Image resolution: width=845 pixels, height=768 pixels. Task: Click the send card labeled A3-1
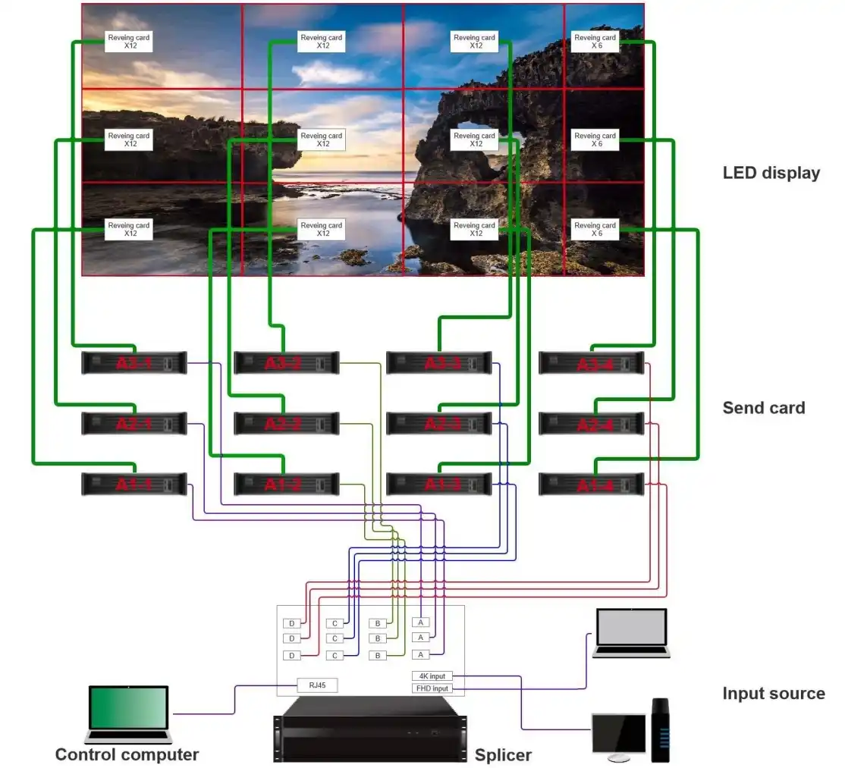134,363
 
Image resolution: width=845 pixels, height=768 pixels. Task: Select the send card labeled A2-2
287,424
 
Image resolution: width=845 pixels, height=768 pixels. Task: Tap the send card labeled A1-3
439,484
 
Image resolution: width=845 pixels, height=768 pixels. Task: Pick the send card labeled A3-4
592,363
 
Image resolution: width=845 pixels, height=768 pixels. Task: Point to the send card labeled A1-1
134,484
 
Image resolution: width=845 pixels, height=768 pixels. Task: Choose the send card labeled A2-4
592,424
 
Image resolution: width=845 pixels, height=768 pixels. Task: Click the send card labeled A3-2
287,363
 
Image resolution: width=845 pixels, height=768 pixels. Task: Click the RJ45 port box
317,685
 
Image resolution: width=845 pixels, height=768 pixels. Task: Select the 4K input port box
431,676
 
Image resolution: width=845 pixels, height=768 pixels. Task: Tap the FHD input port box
431,688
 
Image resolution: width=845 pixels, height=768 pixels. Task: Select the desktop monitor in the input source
618,736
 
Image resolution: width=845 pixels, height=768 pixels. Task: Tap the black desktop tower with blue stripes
661,730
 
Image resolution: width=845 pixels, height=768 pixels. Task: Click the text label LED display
771,173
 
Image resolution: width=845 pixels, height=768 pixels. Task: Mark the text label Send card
763,408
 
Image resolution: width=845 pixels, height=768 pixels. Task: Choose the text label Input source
773,693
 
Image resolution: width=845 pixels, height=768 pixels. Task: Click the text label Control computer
127,754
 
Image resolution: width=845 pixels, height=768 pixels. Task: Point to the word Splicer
503,755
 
